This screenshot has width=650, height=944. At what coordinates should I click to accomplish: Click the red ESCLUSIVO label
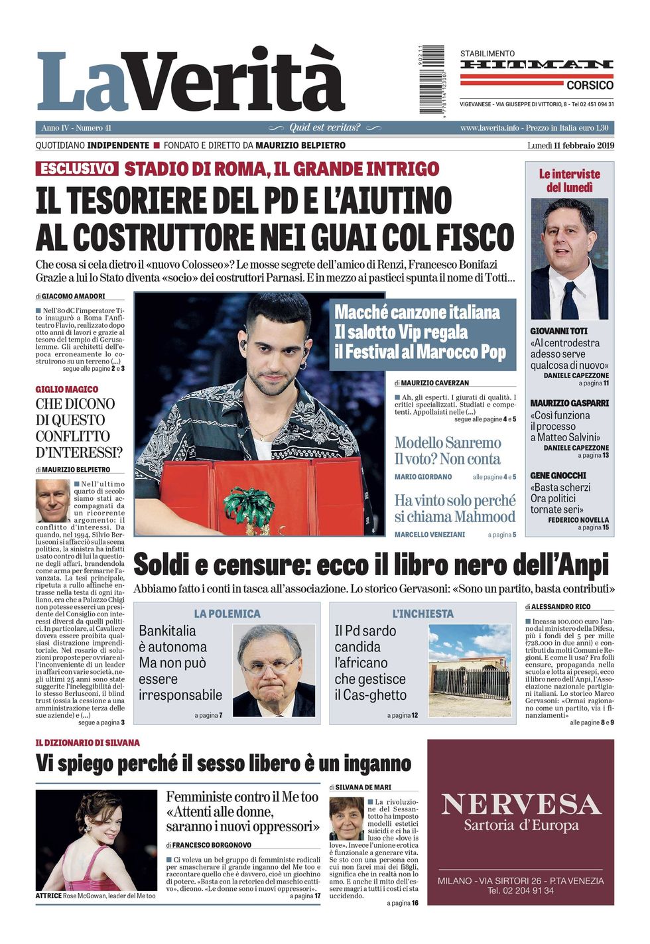(77, 169)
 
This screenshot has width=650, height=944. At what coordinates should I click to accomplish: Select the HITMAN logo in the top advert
(537, 64)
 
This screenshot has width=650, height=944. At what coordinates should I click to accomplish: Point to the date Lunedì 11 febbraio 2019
(570, 145)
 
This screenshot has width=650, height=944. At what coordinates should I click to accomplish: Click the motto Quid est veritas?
(325, 127)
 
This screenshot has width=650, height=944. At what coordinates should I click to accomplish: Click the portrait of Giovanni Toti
(569, 259)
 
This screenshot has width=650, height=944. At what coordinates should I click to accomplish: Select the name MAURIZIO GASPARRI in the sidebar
(569, 403)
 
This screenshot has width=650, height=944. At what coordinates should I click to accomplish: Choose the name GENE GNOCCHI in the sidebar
(558, 475)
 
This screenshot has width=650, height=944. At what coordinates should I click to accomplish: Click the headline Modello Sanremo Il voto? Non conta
(448, 450)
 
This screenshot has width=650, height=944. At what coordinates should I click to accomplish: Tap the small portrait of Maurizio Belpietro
(52, 500)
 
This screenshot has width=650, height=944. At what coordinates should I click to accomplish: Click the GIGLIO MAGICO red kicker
(66, 389)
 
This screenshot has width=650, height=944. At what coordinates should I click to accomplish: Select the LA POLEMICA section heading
(227, 614)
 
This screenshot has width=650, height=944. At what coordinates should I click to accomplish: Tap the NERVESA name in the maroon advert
(521, 804)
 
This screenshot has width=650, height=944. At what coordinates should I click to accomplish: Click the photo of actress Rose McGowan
(96, 840)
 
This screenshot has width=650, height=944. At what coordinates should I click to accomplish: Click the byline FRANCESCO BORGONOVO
(212, 845)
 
